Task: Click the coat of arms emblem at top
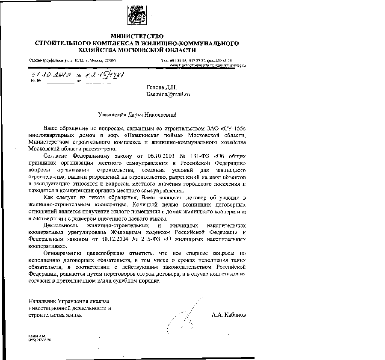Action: pos(136,13)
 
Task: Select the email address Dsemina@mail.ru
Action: pos(168,94)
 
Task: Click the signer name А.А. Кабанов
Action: pos(229,315)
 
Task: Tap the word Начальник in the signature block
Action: pos(42,301)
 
